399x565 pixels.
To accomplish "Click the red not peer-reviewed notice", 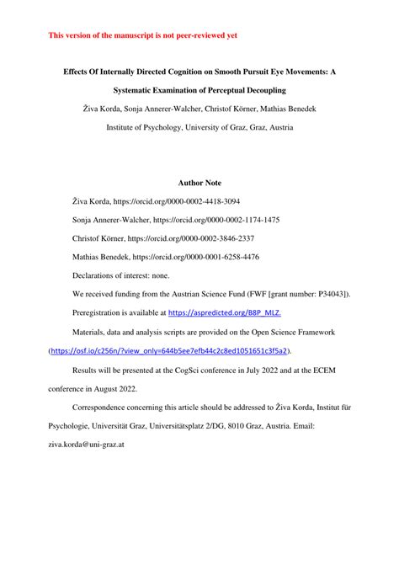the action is (x=143, y=36).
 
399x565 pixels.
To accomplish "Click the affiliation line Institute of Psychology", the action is (x=199, y=129).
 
